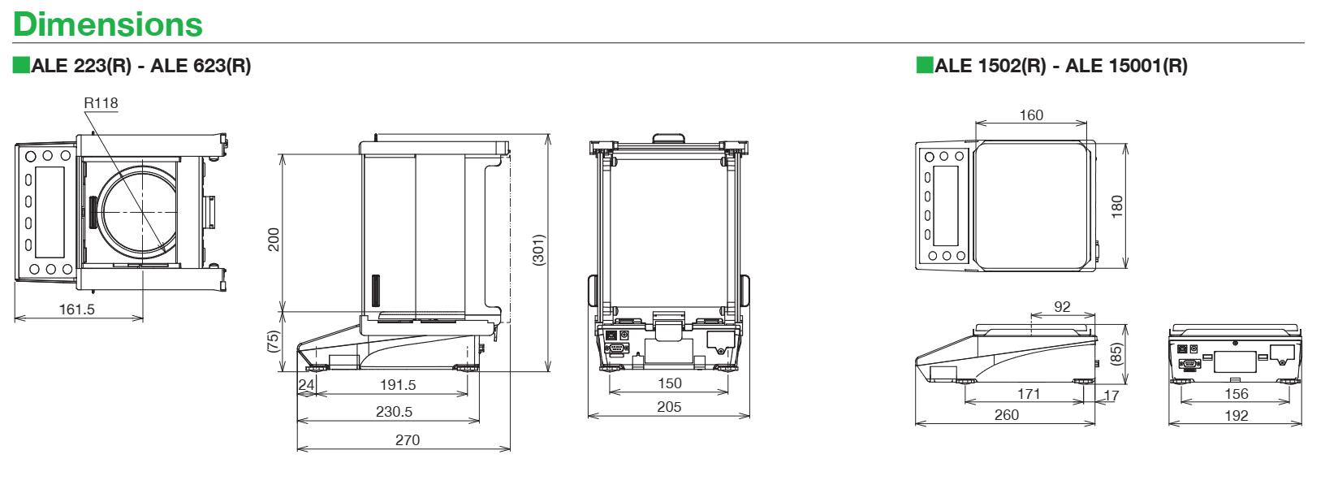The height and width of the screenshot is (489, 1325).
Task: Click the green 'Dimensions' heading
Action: coord(108,25)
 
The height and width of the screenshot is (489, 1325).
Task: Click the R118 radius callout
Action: coord(101,103)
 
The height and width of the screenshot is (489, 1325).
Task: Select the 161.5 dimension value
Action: coord(77,309)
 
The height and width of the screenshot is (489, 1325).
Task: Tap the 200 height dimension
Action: coord(274,239)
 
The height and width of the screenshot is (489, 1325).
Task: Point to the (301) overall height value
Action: coord(538,250)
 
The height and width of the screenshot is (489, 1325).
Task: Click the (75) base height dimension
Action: coord(273,342)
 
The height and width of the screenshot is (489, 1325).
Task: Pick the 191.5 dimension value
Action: coord(398,385)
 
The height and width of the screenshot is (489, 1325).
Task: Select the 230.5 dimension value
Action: coord(394,412)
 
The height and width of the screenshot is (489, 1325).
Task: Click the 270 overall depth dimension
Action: coord(408,440)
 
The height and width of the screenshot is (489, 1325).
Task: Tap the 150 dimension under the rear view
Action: coord(670,383)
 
